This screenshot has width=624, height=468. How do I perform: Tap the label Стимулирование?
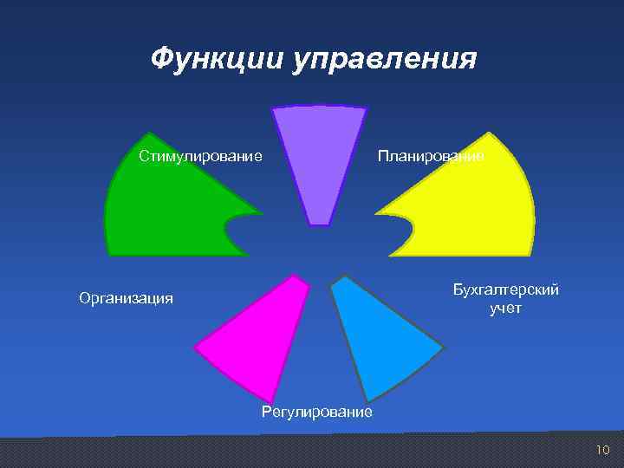200,156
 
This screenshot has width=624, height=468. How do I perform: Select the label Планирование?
430,156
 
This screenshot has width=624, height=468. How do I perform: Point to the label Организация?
126,299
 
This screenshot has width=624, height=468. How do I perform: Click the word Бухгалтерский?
505,289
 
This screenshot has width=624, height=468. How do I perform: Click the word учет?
505,308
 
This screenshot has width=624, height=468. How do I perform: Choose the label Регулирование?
316,412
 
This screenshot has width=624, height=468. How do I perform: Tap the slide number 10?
603,449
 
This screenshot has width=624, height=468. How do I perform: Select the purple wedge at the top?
319,156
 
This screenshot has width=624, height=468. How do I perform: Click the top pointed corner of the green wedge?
149,133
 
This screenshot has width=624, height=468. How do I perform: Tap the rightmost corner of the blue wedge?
443,348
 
